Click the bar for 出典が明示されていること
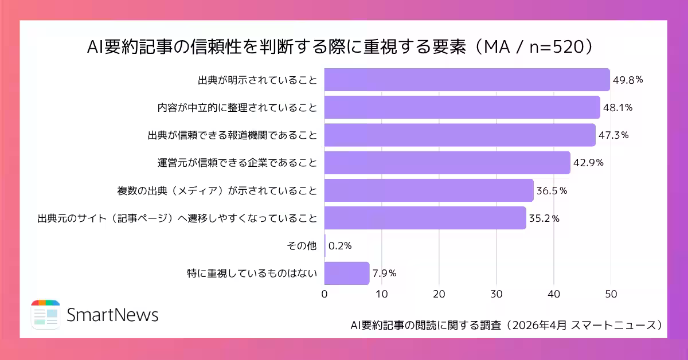pyautogui.click(x=467, y=80)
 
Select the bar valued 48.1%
pyautogui.click(x=462, y=107)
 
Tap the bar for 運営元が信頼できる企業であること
pyautogui.click(x=447, y=163)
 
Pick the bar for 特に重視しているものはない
pyautogui.click(x=347, y=273)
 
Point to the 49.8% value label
pyautogui.click(x=628, y=80)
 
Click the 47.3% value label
pyautogui.click(x=613, y=135)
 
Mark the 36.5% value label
pyautogui.click(x=552, y=190)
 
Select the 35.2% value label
pyautogui.click(x=544, y=218)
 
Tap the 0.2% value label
pyautogui.click(x=340, y=246)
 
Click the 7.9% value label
pyautogui.click(x=385, y=273)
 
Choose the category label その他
pyautogui.click(x=302, y=246)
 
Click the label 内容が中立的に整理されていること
pyautogui.click(x=237, y=107)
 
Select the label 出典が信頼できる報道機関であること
pyautogui.click(x=232, y=135)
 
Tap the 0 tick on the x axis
pyautogui.click(x=325, y=294)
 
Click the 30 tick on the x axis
pyautogui.click(x=497, y=294)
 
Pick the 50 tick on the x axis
pyautogui.click(x=611, y=294)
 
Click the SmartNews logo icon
pyautogui.click(x=45, y=314)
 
